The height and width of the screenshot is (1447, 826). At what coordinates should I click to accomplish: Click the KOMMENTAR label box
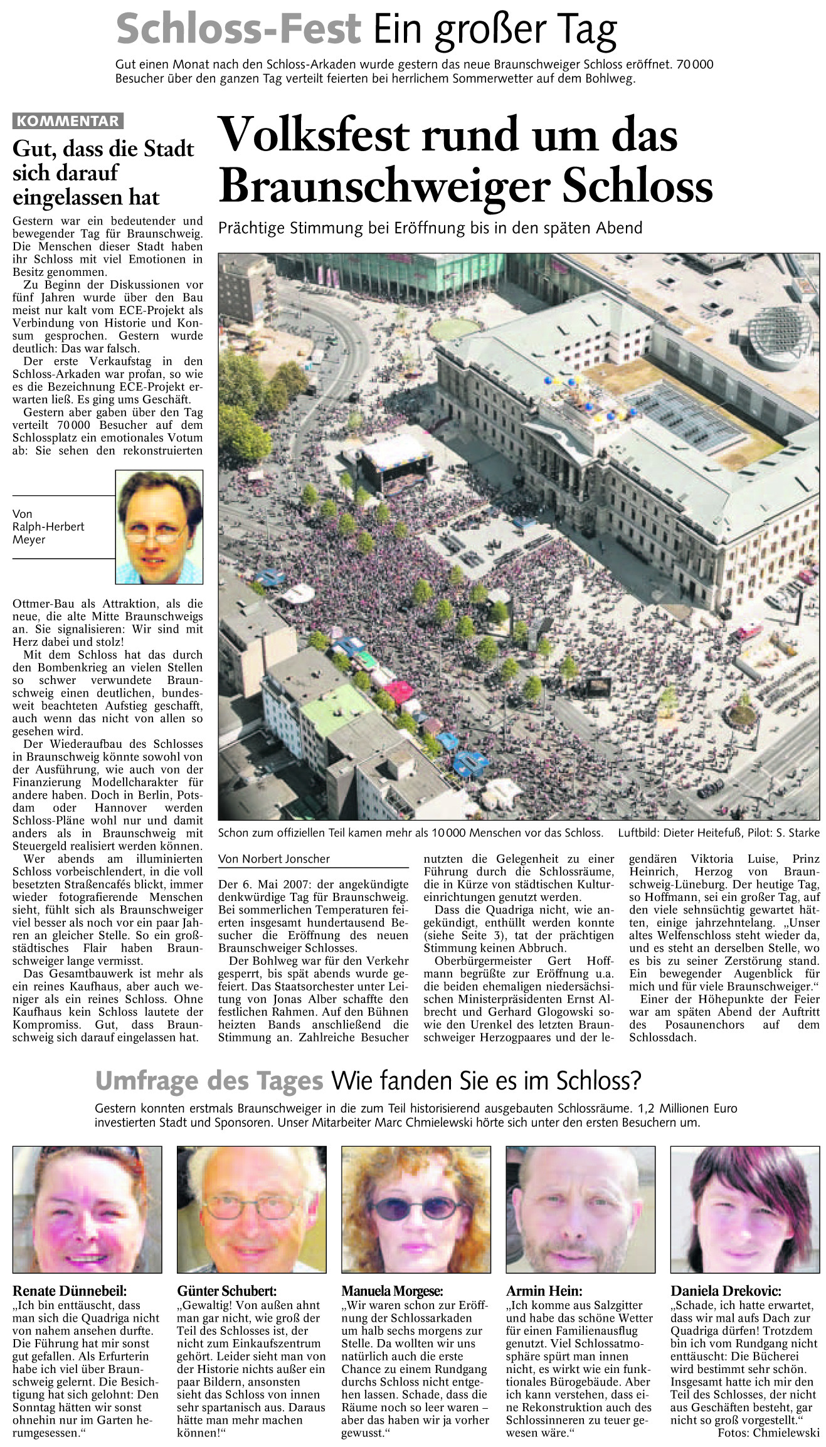[x=68, y=121]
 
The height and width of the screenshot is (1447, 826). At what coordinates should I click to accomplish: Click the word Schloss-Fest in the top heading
[x=238, y=29]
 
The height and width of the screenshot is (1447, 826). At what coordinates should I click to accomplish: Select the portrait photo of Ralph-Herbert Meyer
[x=159, y=527]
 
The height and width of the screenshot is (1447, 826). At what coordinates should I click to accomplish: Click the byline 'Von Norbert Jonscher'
[x=274, y=859]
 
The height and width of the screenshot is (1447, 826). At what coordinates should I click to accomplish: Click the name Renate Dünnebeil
[x=70, y=1291]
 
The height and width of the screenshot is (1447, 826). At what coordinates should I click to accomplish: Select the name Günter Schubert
[x=226, y=1291]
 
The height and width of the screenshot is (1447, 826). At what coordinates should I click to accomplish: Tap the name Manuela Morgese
[x=392, y=1291]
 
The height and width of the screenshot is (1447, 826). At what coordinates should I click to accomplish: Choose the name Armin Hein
[x=544, y=1291]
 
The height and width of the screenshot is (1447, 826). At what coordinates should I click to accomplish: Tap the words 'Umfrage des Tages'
[x=209, y=1081]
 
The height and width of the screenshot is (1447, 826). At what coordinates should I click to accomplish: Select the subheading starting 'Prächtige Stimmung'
[x=430, y=228]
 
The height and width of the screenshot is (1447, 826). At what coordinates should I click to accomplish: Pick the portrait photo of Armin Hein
[x=580, y=1209]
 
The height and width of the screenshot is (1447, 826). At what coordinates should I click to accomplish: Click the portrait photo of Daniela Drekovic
[x=744, y=1209]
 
